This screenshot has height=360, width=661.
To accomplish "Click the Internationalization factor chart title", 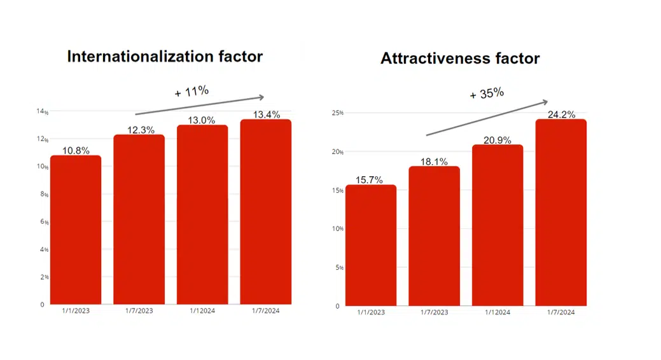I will (165, 57).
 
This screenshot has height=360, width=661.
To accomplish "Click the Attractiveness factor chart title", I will (460, 59).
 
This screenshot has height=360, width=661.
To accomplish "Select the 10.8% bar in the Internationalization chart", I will (76, 230).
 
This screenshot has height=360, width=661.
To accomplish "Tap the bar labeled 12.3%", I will (139, 219).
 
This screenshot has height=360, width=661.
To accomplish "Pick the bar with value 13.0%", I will (202, 214).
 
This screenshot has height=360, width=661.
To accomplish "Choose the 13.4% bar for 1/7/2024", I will (265, 212).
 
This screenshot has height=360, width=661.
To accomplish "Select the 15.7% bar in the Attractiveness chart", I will (371, 246).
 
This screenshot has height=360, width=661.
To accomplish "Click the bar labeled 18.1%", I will (434, 236).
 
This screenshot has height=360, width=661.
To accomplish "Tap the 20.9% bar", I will (497, 225).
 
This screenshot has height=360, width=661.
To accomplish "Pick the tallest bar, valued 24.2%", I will (560, 212).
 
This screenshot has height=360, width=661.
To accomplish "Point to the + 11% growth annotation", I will (191, 92).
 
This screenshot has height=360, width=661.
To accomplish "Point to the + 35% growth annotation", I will (487, 94).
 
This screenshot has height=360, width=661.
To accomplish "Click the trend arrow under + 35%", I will (487, 118).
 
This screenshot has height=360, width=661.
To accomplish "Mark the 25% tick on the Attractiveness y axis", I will (337, 113).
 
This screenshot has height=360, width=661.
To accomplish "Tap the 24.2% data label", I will (560, 114).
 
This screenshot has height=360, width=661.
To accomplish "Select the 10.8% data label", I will (76, 151).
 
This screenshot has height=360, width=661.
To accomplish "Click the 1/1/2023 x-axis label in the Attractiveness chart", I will (371, 312).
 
